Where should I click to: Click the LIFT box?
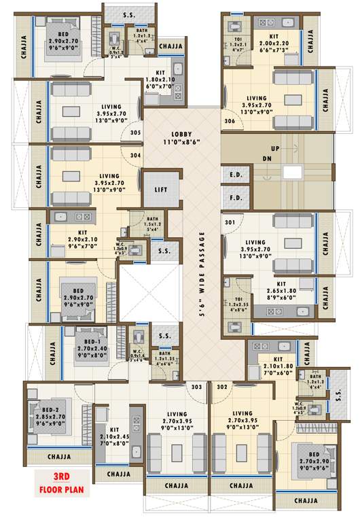coord(160,190)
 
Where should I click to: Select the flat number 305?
coord(135,133)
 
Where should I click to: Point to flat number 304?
coord(135,155)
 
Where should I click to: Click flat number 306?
coord(230,121)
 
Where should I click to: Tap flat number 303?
coord(197,387)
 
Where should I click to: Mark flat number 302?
coord(221,387)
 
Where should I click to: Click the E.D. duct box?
coord(236,175)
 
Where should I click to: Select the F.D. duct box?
coord(236,198)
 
